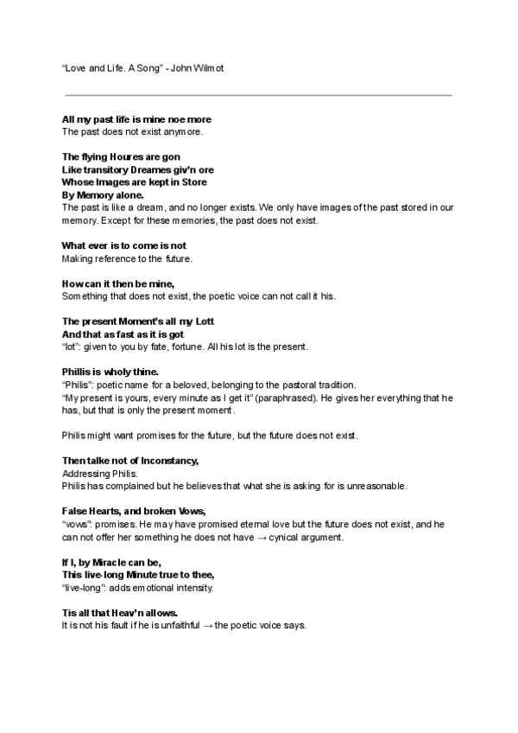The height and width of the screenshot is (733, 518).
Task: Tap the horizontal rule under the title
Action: click(258, 94)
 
